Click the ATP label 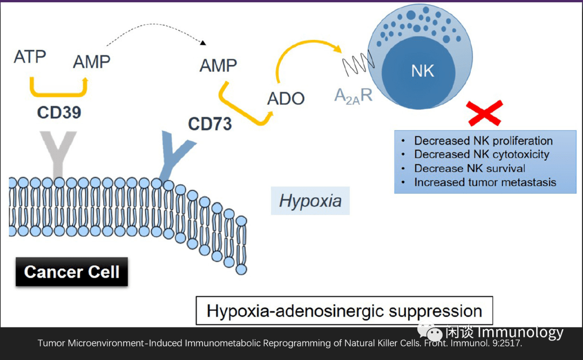click(x=30, y=56)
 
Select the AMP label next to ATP click(x=91, y=62)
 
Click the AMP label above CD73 click(x=218, y=66)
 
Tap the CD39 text click(x=59, y=112)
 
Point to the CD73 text click(x=209, y=124)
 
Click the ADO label click(x=286, y=99)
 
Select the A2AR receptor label click(x=353, y=96)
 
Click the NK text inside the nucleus click(x=422, y=71)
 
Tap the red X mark click(x=484, y=112)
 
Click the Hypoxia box click(x=310, y=201)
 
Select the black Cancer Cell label click(x=72, y=271)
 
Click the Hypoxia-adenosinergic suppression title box click(x=344, y=311)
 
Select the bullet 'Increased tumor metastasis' click(x=484, y=182)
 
